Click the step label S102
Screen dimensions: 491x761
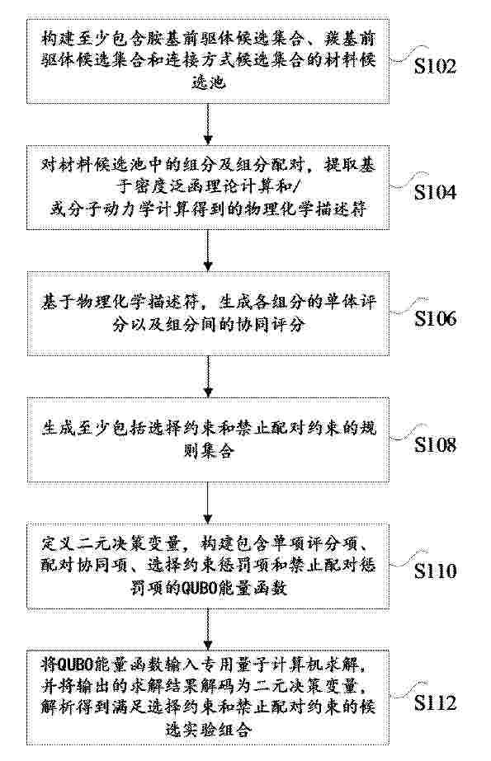click(435, 66)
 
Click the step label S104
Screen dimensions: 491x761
click(435, 192)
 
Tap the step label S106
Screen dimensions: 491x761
click(435, 318)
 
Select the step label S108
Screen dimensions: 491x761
click(435, 444)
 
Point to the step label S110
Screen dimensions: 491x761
click(435, 571)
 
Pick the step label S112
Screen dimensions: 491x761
click(435, 702)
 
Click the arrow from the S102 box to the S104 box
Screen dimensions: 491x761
click(208, 124)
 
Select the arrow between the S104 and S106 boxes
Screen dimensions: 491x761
click(208, 251)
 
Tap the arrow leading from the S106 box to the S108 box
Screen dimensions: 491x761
click(208, 377)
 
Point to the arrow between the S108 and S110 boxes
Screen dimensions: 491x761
click(208, 503)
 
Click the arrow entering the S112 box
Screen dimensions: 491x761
click(208, 629)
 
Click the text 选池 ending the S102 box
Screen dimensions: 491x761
click(208, 83)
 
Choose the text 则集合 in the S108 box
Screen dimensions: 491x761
click(208, 451)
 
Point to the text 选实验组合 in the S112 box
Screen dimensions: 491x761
click(208, 730)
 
